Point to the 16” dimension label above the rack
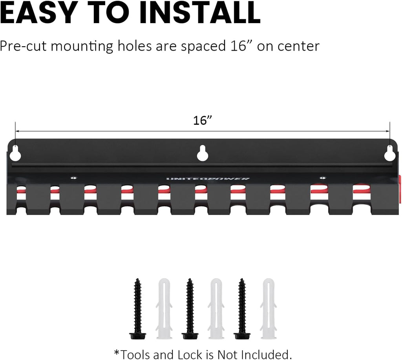203,120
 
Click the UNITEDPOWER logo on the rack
208,178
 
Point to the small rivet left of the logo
74,177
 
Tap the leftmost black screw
138,309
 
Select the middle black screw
190,309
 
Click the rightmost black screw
242,309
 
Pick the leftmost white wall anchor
164,309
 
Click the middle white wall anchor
216,309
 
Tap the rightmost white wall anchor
269,309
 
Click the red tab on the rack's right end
400,183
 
